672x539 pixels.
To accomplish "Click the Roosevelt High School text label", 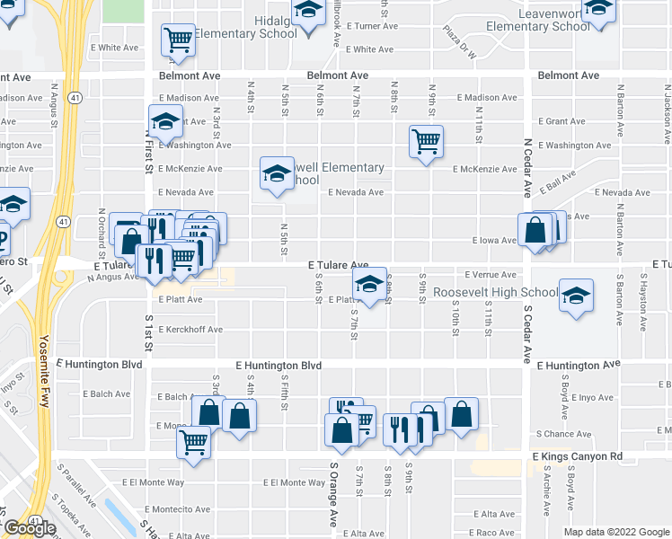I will coord(495,293).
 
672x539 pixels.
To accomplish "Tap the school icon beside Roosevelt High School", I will coord(576,296).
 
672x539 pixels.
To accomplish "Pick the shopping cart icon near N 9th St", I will coord(425,139).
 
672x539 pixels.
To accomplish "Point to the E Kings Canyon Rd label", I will coord(577,457).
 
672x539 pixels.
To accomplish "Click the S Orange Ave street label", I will coord(332,495).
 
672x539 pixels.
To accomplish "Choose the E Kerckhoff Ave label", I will coord(190,330).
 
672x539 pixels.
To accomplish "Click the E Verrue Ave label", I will coord(490,274).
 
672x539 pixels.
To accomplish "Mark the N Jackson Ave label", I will coord(667,112).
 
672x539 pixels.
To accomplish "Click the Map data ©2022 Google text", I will coord(615,532).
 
